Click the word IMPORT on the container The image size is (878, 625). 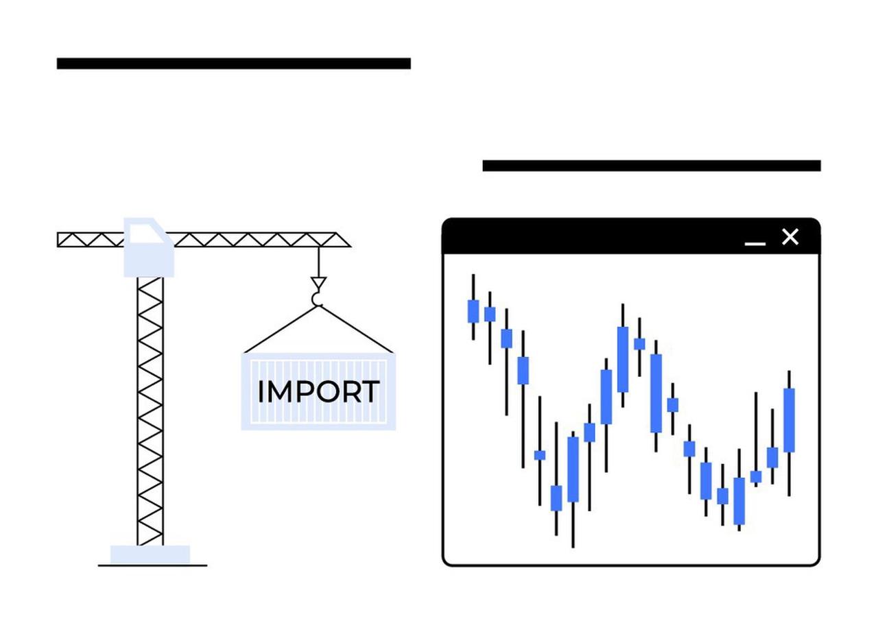[318, 392]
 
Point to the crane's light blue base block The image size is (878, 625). [150, 554]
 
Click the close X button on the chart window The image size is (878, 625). [790, 237]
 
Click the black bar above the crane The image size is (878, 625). [233, 64]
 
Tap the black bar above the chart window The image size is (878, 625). [651, 165]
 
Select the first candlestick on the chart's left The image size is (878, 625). [473, 310]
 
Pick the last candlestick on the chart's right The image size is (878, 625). [789, 419]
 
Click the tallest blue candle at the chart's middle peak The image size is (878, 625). [622, 358]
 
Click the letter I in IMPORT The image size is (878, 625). [261, 392]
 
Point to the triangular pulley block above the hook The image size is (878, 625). [318, 282]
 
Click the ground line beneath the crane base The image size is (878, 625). [152, 565]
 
